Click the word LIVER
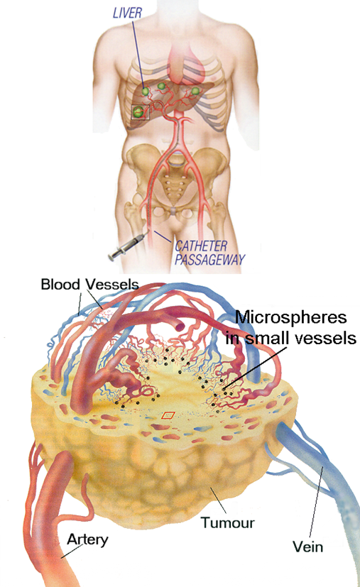pyautogui.click(x=127, y=13)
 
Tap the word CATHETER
pyautogui.click(x=201, y=246)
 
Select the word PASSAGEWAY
pyautogui.click(x=209, y=260)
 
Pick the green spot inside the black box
pyautogui.click(x=138, y=111)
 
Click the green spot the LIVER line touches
pyautogui.click(x=145, y=91)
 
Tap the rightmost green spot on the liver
pyautogui.click(x=195, y=91)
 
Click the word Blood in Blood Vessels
pyautogui.click(x=60, y=284)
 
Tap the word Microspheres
pyautogui.click(x=290, y=317)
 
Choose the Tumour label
pyautogui.click(x=227, y=522)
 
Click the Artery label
pyautogui.click(x=87, y=540)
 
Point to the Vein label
pyautogui.click(x=307, y=547)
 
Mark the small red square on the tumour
pyautogui.click(x=168, y=415)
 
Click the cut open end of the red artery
pyautogui.click(x=180, y=326)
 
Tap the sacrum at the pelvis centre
pyautogui.click(x=173, y=187)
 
